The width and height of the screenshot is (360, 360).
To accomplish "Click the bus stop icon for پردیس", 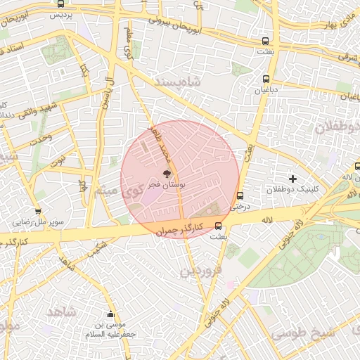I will click(x=60, y=4).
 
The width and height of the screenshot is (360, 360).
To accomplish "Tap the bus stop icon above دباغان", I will click(x=266, y=79).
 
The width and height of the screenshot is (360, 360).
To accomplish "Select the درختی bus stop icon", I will click(x=240, y=196).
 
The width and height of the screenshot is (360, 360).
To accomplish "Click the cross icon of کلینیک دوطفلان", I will click(x=293, y=179).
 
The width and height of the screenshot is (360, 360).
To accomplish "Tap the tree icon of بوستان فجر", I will click(x=166, y=173).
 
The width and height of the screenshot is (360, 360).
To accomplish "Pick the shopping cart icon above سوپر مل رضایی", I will click(x=37, y=211).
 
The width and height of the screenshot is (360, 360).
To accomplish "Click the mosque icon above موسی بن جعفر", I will click(x=110, y=314).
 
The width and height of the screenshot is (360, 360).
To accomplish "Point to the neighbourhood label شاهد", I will click(x=61, y=310).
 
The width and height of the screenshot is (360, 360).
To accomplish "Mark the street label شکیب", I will click(x=99, y=245).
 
